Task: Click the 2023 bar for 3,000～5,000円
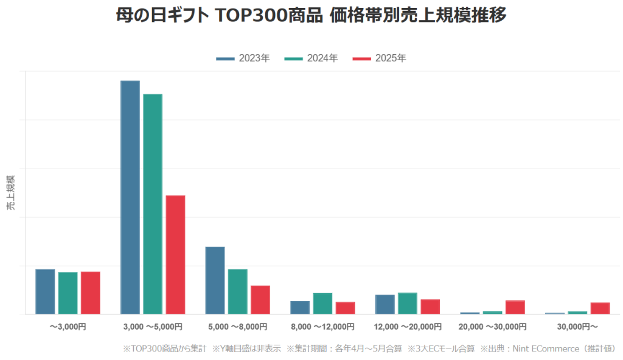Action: click(130, 197)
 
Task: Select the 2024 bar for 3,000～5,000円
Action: click(153, 204)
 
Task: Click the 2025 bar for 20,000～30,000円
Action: click(515, 307)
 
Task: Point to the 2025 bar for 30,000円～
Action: click(600, 308)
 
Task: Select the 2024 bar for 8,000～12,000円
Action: click(322, 303)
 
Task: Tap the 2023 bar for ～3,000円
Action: click(45, 291)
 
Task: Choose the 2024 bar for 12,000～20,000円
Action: click(408, 303)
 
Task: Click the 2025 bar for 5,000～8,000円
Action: click(260, 299)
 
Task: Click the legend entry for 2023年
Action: click(243, 58)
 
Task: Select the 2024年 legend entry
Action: click(311, 58)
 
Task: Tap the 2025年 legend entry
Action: click(379, 58)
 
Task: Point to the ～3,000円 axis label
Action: click(68, 327)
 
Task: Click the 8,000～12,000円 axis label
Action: click(322, 327)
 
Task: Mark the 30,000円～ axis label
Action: click(577, 327)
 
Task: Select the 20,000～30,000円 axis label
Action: click(493, 327)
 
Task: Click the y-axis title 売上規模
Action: click(11, 193)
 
